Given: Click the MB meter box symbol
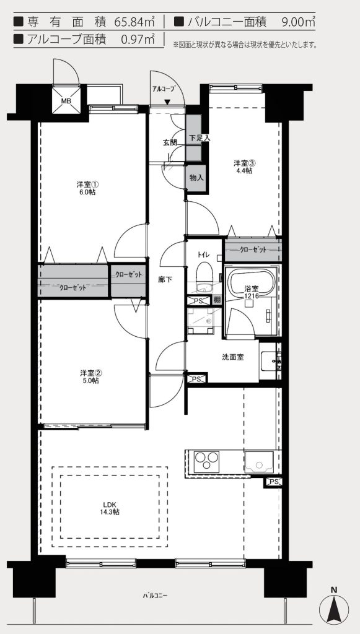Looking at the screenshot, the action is click(x=66, y=100).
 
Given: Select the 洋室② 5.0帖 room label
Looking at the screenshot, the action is click(x=89, y=376).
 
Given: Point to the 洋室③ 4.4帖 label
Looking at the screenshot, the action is click(x=245, y=167).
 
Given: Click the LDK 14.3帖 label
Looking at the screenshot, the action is click(x=110, y=508).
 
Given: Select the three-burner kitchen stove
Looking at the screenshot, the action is click(x=207, y=461).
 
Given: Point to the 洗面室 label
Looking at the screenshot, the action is click(x=232, y=357).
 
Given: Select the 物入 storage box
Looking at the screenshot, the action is click(x=196, y=178).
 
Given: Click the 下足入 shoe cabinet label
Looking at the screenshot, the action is click(x=200, y=137).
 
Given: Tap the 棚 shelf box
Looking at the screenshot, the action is click(x=217, y=300).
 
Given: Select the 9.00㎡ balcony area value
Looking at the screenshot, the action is click(x=297, y=22).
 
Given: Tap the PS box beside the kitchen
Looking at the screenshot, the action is click(x=273, y=482).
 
